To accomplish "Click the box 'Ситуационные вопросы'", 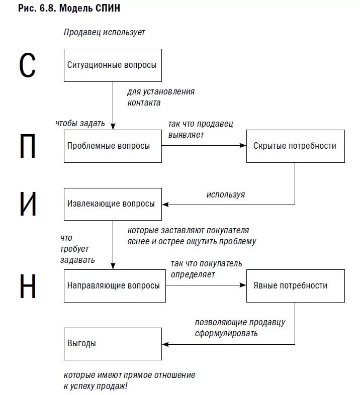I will pyautogui.click(x=113, y=65).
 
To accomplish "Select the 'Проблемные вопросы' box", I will pyautogui.click(x=113, y=146).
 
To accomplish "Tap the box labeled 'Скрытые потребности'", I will pyautogui.click(x=295, y=146).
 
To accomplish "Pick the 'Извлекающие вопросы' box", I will pyautogui.click(x=113, y=204).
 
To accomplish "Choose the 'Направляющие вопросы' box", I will pyautogui.click(x=115, y=285).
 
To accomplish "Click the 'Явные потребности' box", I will pyautogui.click(x=295, y=285).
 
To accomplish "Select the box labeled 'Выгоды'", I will pyautogui.click(x=113, y=344).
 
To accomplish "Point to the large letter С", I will pyautogui.click(x=28, y=65).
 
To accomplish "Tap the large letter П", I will pyautogui.click(x=28, y=146).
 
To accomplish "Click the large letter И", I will pyautogui.click(x=28, y=204).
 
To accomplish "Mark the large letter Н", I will pyautogui.click(x=28, y=286).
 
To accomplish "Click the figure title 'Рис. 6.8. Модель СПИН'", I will pyautogui.click(x=69, y=9).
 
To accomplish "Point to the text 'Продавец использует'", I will pyautogui.click(x=104, y=33).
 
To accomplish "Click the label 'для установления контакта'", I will pyautogui.click(x=160, y=97).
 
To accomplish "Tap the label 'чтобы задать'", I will pyautogui.click(x=80, y=123).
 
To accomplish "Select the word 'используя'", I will pyautogui.click(x=226, y=194).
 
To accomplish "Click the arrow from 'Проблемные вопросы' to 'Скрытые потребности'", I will pyautogui.click(x=204, y=146).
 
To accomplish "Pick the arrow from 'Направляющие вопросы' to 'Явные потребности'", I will pyautogui.click(x=206, y=285).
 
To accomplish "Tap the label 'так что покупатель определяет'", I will pyautogui.click(x=206, y=269).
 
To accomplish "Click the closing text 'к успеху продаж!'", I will pyautogui.click(x=96, y=386).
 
